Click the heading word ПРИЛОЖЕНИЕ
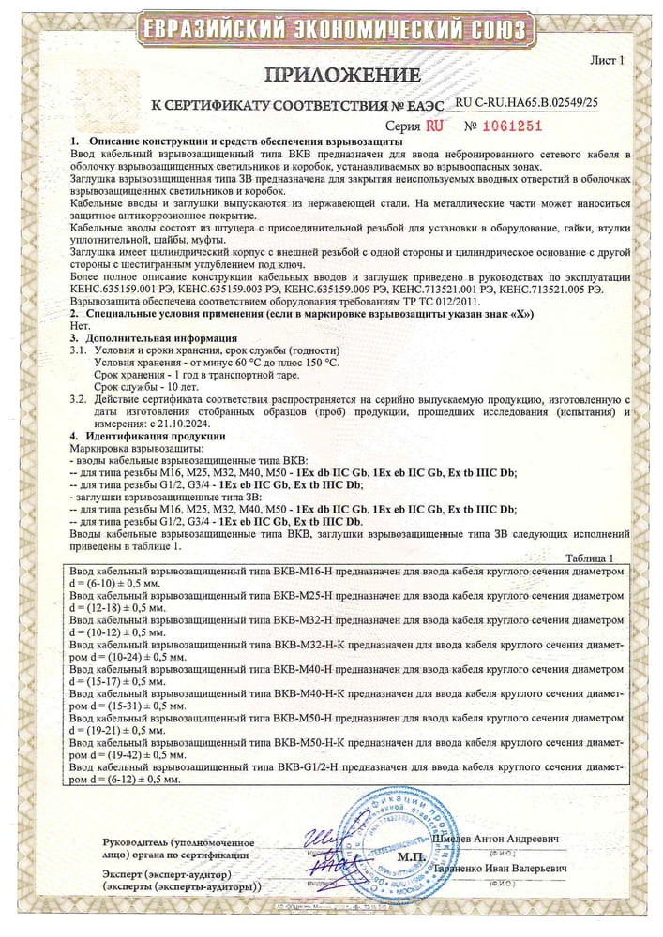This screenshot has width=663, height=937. click(x=332, y=74)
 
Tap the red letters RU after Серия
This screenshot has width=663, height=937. click(x=434, y=125)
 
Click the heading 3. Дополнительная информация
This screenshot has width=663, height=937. click(x=154, y=337)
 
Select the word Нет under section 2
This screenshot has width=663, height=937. click(x=79, y=326)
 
